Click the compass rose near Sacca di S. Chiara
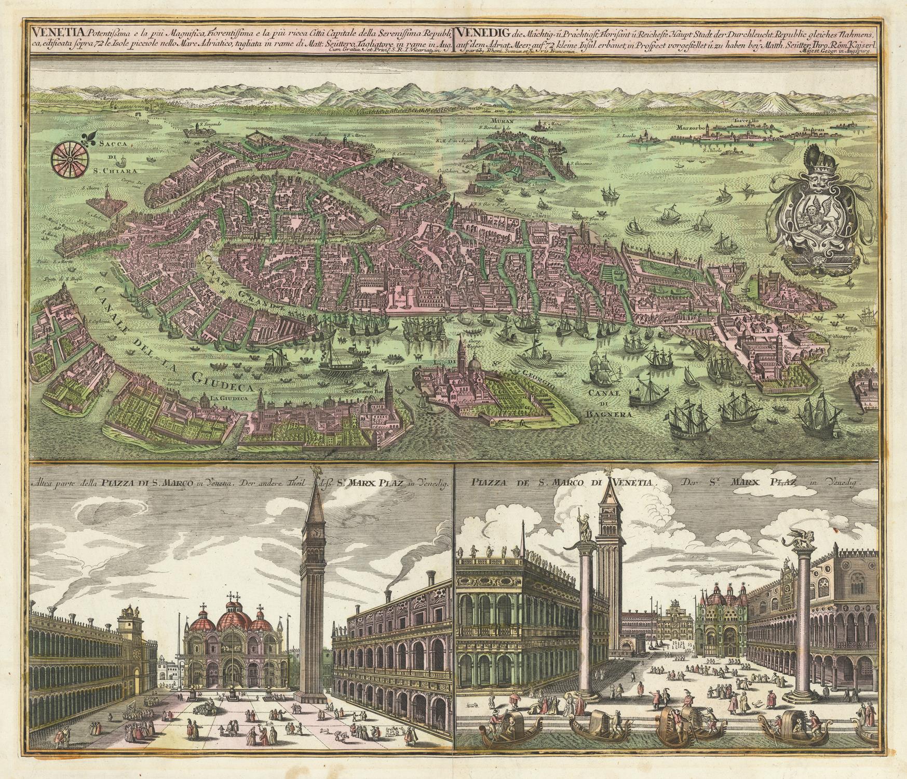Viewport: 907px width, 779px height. pos(67,157)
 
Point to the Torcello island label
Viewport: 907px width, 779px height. pos(745,120)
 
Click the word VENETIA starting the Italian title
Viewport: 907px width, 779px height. pos(49,31)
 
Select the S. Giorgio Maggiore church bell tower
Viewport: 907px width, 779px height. pos(461,345)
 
